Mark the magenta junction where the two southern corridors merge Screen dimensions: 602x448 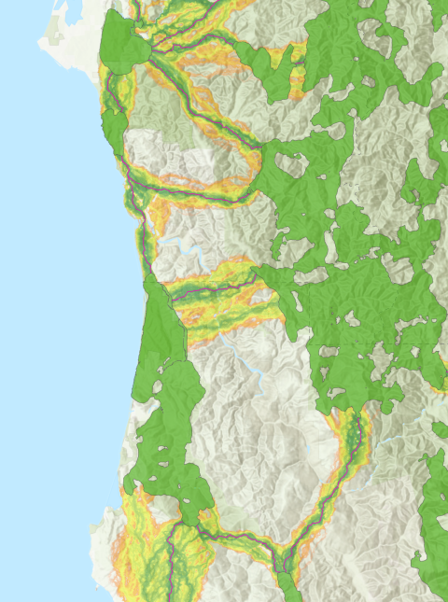point(281,551)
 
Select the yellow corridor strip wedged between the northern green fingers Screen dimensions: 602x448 point(299,70)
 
